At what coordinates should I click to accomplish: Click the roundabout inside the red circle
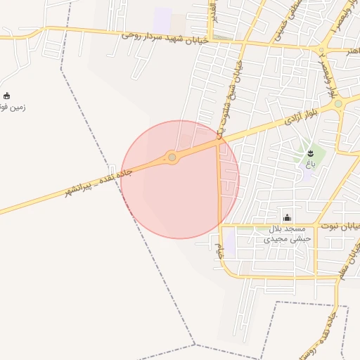172,157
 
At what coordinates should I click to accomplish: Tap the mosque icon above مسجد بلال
287,216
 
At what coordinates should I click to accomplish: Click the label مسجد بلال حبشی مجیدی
286,233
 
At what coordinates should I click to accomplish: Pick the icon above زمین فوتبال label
7,96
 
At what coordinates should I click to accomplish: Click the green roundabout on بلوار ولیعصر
338,104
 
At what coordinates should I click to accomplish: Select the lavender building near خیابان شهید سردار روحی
162,19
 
